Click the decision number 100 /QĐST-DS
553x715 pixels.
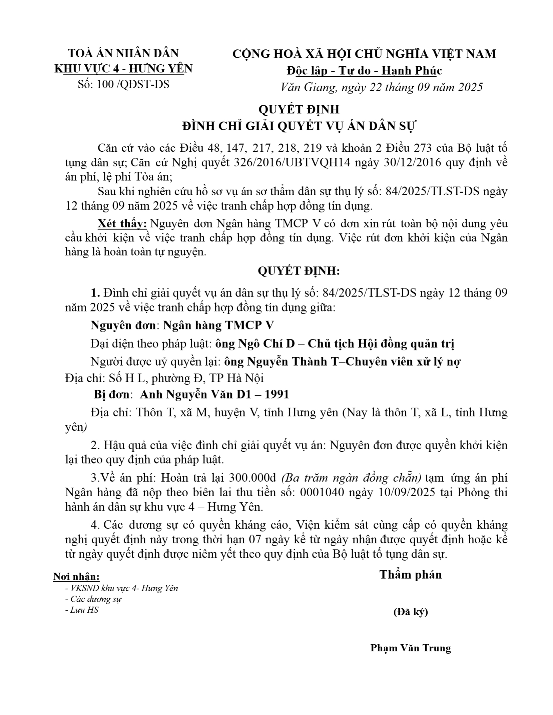123,84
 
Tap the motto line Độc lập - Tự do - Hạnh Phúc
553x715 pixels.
364,70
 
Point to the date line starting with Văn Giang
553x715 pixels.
382,87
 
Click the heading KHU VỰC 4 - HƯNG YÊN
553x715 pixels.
123,69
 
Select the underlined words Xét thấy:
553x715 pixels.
122,223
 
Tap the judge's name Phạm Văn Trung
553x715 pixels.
410,648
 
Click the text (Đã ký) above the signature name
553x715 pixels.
410,612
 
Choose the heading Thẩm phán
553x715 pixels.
410,575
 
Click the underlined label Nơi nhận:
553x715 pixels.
76,577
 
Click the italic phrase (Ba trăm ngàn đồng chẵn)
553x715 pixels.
351,478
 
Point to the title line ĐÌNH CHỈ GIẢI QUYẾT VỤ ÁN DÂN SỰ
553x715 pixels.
299,126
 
